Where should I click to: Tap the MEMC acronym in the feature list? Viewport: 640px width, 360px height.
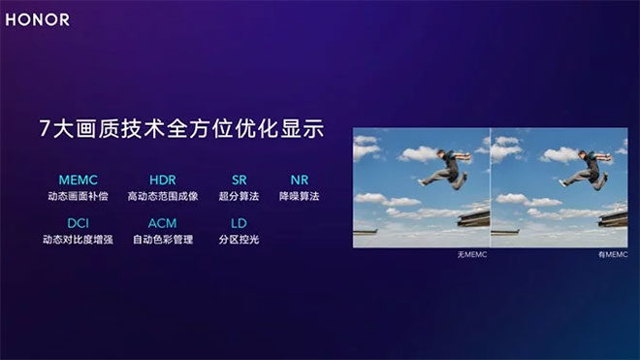[x=79, y=180]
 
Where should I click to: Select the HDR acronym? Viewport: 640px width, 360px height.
[x=162, y=180]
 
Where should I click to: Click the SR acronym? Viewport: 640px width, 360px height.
[x=240, y=180]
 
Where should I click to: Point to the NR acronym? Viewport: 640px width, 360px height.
[x=299, y=180]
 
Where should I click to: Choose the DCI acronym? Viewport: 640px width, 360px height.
[x=79, y=223]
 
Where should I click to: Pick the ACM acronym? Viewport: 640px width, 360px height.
[x=162, y=223]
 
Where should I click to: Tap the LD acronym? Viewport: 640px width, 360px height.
[x=240, y=223]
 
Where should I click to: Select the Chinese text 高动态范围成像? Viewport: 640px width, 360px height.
[x=162, y=196]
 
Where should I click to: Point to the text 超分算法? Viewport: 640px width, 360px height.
[x=240, y=196]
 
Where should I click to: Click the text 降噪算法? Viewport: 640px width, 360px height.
[x=299, y=196]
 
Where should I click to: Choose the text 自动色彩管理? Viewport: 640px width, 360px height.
[x=162, y=239]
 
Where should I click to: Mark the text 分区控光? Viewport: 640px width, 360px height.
[x=240, y=239]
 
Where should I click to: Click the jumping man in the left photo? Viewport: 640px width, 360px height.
[x=448, y=170]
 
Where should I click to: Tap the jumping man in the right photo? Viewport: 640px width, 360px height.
[x=589, y=170]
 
